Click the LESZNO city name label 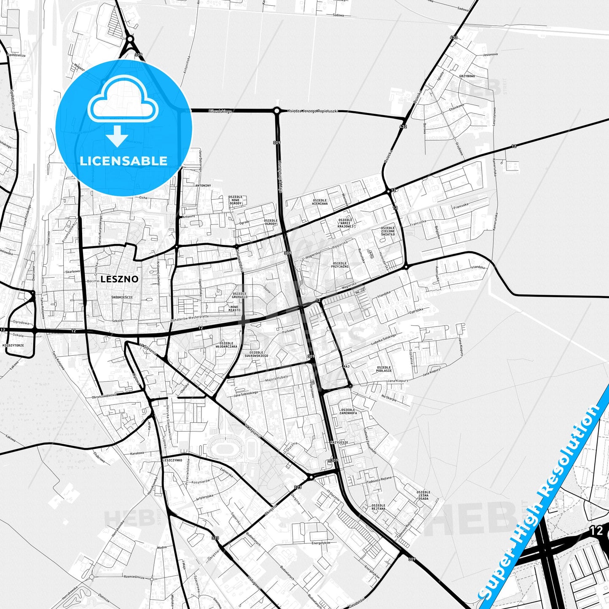point(119,279)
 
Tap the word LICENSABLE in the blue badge point(123,161)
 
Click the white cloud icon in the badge point(123,99)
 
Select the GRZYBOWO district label point(467,76)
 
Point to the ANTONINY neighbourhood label point(203,185)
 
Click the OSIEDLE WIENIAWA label point(320,202)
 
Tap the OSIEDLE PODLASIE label point(384,369)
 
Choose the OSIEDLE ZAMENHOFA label point(348,411)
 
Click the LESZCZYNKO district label point(172,460)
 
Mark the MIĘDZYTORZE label point(13,345)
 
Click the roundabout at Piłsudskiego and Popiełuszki point(276,111)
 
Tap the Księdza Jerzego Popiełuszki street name point(313,111)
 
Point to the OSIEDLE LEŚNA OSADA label point(423,495)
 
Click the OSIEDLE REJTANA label point(378,507)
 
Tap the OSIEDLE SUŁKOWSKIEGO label point(256,354)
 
